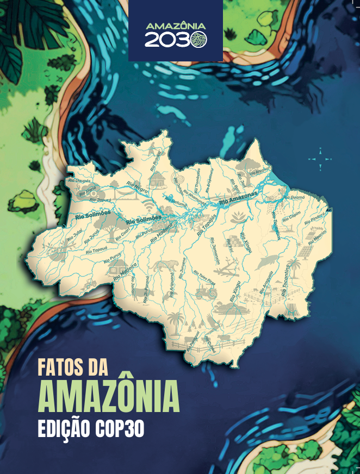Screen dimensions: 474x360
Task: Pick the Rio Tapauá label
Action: tap(96, 251)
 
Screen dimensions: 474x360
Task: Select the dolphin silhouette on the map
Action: tap(266, 262)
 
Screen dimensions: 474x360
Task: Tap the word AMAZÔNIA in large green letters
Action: tap(108, 397)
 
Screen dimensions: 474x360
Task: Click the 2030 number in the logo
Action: tap(175, 41)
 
